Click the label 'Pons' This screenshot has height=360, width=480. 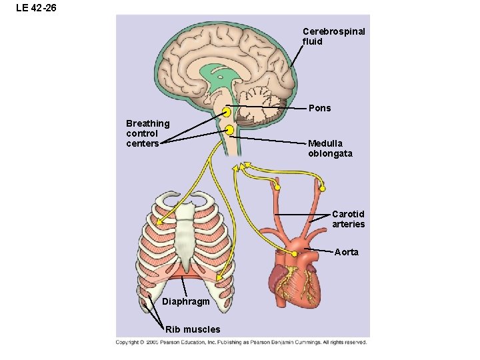[x=319, y=108]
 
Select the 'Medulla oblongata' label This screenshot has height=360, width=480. [x=330, y=149]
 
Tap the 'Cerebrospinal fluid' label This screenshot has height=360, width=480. [x=333, y=36]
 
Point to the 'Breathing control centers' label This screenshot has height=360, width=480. [x=147, y=133]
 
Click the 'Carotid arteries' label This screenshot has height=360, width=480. [x=348, y=219]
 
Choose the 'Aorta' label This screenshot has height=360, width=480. [x=346, y=252]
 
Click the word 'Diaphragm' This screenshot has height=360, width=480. [x=185, y=302]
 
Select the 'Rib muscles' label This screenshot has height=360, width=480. [x=192, y=329]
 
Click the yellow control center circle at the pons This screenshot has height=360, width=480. [x=228, y=111]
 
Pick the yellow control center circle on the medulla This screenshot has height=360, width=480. [x=229, y=130]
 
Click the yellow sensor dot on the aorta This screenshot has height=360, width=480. [x=294, y=254]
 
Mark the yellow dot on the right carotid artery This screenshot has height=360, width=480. [x=323, y=187]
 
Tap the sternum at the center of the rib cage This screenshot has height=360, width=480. [x=185, y=233]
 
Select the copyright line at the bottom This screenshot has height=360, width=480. [x=241, y=343]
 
